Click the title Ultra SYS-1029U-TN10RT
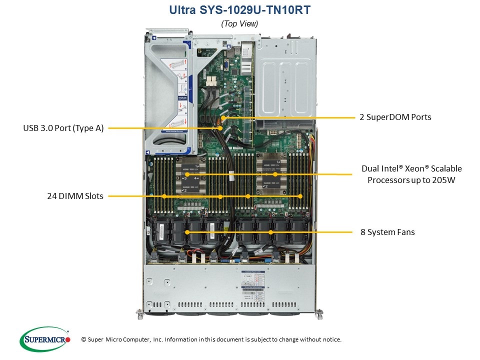click(239, 10)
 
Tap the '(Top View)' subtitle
click(239, 23)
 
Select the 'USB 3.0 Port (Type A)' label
click(63, 128)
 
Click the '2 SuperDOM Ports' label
click(395, 117)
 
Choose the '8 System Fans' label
click(387, 232)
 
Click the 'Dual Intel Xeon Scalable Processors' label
click(411, 174)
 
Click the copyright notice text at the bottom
click(211, 339)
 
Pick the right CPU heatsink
click(274, 174)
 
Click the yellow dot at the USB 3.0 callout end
click(221, 128)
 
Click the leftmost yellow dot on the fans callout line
click(187, 232)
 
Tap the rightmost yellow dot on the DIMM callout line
click(300, 196)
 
